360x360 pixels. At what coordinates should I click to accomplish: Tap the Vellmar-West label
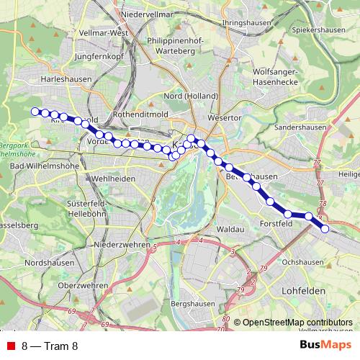(104, 33)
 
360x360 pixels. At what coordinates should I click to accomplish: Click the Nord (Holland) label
(186, 96)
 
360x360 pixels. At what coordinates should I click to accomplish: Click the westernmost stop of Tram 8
(34, 111)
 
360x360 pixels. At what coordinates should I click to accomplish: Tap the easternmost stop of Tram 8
(325, 229)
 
